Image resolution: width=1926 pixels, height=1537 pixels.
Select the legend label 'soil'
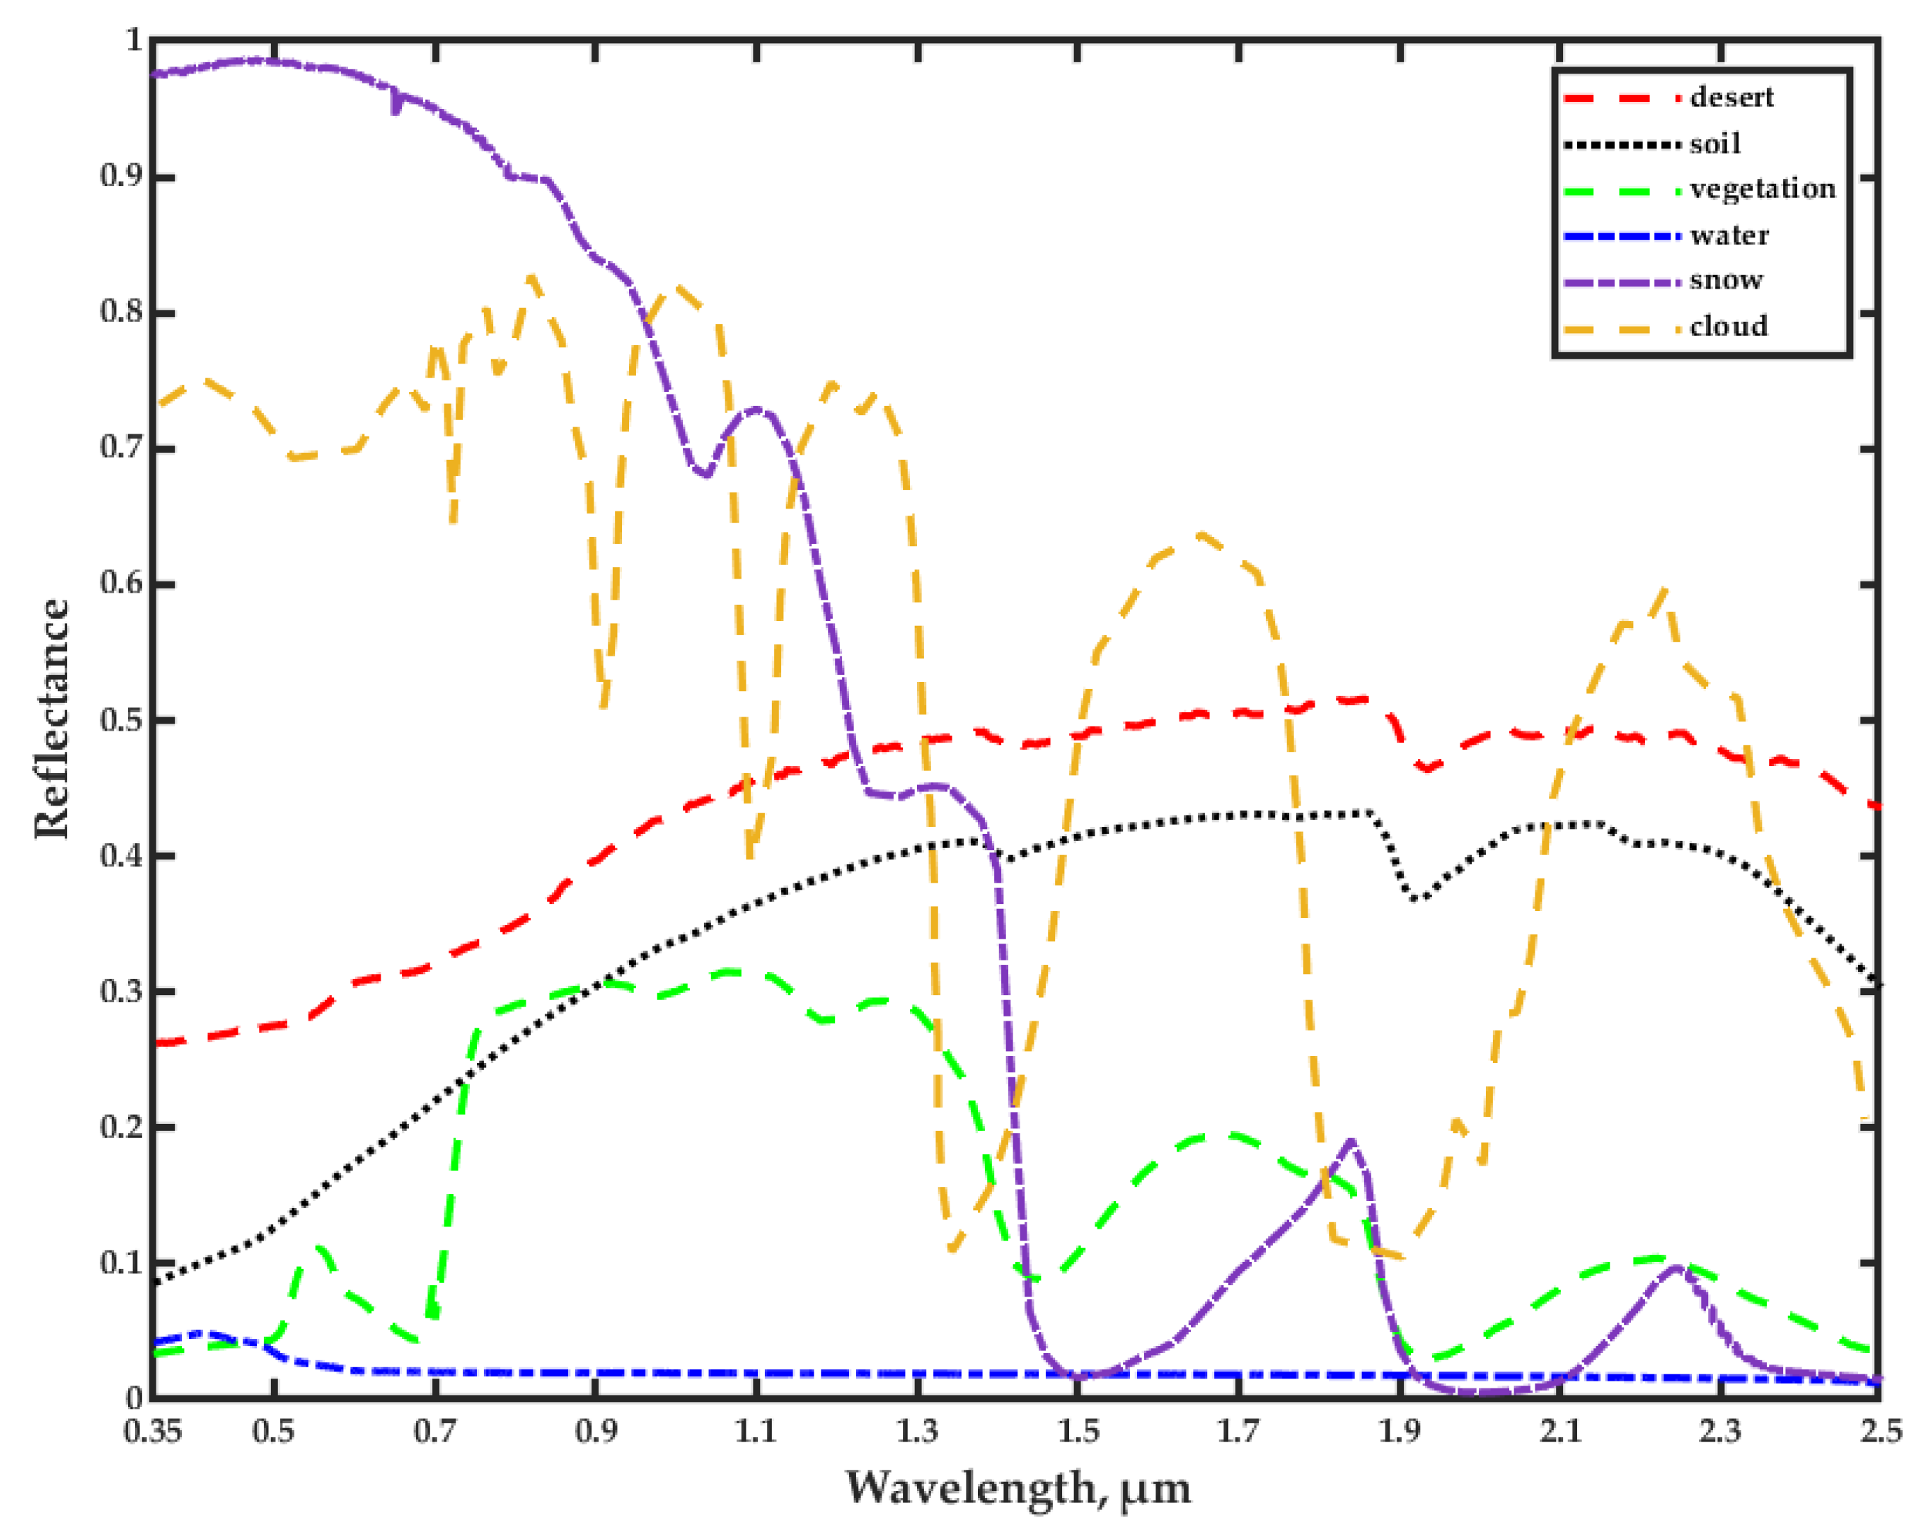[1715, 143]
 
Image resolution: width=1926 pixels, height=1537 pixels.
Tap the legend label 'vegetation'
[1763, 188]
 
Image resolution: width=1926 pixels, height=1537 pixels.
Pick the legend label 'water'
[1729, 235]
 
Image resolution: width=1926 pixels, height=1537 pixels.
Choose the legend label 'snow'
[1726, 280]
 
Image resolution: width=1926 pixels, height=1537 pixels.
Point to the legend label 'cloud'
[1729, 326]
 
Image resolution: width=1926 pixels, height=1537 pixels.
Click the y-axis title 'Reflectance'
[52, 719]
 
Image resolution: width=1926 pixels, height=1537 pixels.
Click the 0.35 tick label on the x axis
[153, 1432]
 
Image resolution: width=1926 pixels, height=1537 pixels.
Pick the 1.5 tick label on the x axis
[1078, 1432]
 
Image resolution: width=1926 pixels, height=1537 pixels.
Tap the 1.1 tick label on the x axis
[756, 1432]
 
